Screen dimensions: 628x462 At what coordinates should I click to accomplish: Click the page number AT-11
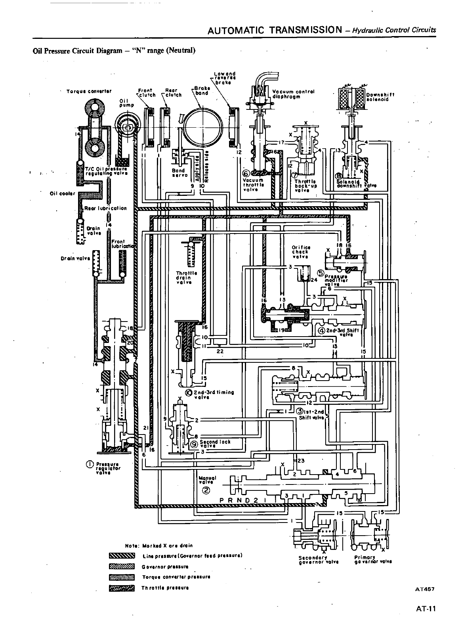[426, 609]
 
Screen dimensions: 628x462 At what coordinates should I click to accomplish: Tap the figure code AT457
[425, 589]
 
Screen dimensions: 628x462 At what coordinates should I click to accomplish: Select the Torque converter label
[89, 91]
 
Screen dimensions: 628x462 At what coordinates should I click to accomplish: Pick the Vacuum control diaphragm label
[293, 94]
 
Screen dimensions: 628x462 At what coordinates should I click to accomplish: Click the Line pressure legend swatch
[122, 555]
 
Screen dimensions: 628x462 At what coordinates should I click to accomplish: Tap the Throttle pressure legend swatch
[122, 588]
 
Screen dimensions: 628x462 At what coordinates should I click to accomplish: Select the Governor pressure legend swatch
[122, 566]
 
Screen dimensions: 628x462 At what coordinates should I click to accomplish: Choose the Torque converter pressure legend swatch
[122, 577]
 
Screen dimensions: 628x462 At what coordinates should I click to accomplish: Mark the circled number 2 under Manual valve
[206, 490]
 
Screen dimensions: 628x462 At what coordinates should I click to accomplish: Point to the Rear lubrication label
[105, 208]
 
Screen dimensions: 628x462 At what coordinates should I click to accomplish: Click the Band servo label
[178, 173]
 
